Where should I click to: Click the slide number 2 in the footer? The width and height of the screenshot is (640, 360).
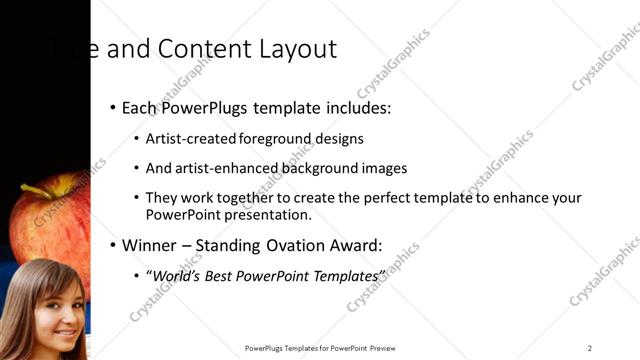point(590,348)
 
